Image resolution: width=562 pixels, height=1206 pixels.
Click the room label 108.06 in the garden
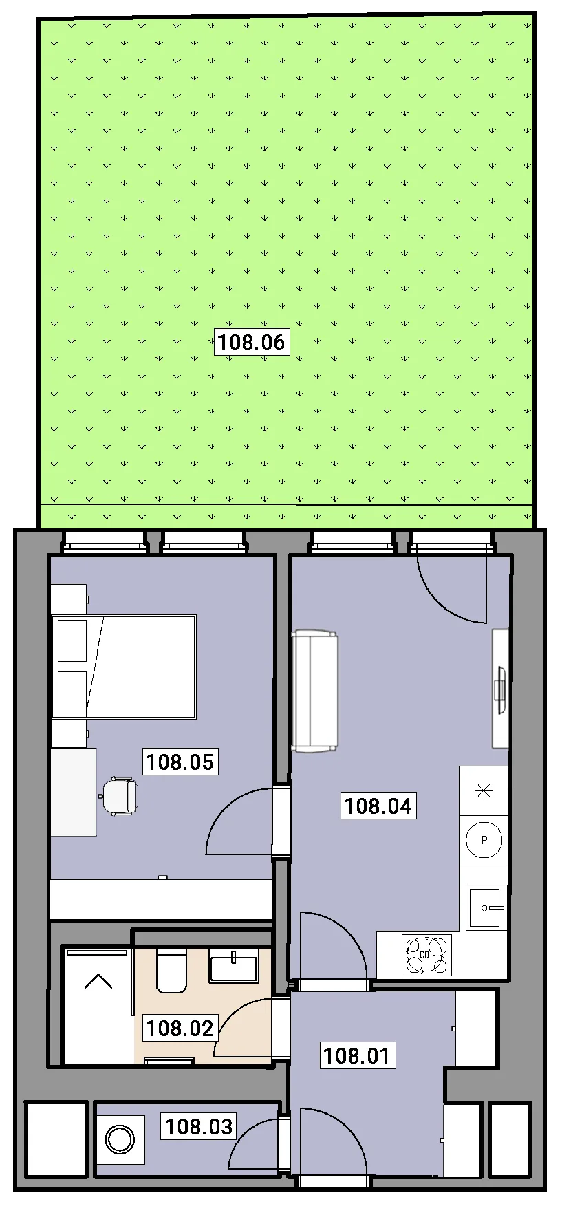(x=251, y=342)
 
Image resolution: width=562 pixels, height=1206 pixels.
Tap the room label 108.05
(x=180, y=762)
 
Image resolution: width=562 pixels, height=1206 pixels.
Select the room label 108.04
(x=378, y=806)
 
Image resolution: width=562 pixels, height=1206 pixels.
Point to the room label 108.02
(x=180, y=1028)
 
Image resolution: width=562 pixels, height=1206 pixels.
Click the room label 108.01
(x=357, y=1055)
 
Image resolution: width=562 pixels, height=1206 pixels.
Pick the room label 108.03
(x=199, y=1126)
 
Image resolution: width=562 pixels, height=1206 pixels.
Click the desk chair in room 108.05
(x=120, y=796)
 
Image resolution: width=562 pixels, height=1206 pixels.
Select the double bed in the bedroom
(x=125, y=667)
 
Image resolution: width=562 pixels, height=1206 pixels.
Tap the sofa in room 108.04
(x=315, y=691)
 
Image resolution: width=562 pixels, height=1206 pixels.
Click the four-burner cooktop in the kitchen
(x=426, y=955)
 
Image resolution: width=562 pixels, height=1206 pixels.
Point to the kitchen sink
(x=486, y=907)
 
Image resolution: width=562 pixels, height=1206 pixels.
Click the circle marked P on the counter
(x=484, y=840)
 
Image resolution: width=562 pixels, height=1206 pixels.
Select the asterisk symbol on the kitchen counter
(x=484, y=791)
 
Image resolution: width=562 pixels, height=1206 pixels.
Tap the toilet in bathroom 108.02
(x=171, y=971)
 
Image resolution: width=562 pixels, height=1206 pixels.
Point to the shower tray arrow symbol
(x=98, y=981)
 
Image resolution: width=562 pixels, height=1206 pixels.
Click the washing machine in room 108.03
(x=120, y=1140)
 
